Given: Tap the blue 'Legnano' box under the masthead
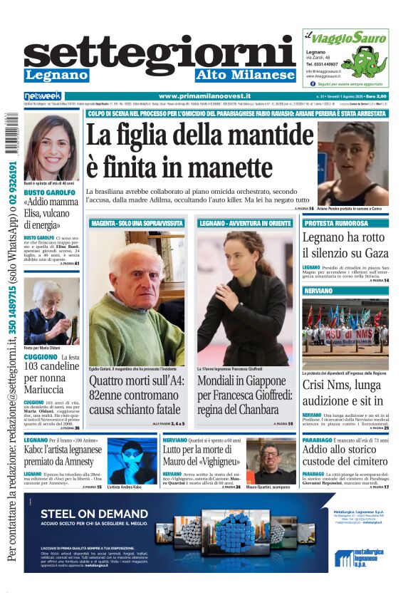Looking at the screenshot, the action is pos(56,76).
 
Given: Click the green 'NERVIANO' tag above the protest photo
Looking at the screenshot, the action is pos(318,291).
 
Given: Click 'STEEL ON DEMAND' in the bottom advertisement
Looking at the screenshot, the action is pos(84,514).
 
